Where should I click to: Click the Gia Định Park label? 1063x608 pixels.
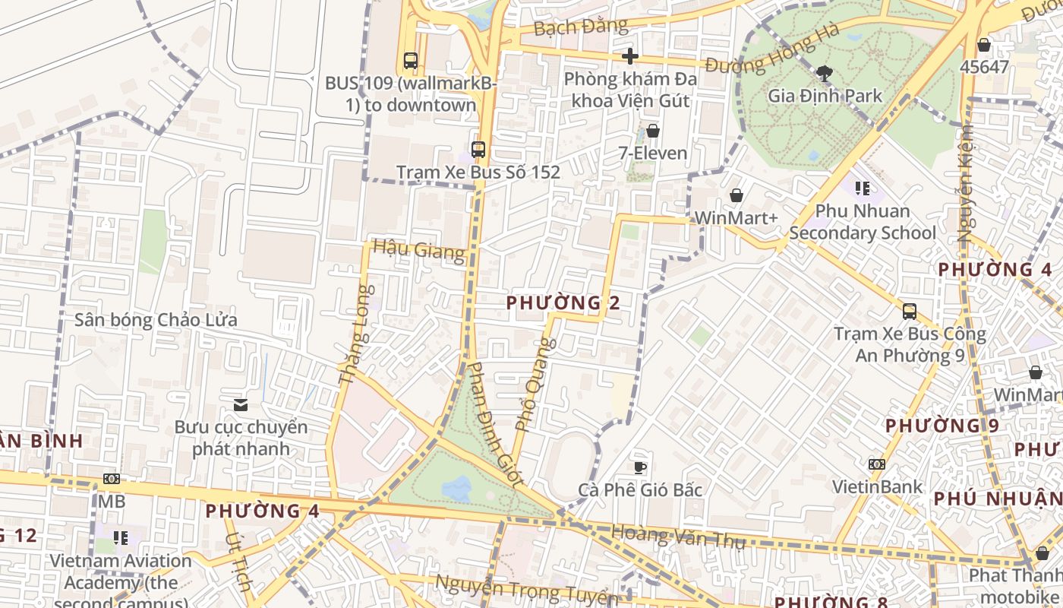[825, 96]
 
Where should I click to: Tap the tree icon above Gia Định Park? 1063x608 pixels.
[825, 74]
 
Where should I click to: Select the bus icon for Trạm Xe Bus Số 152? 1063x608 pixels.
[478, 150]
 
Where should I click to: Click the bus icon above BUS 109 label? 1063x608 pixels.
[411, 61]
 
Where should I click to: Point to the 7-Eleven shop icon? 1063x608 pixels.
[652, 131]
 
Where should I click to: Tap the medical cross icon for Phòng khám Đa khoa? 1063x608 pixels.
[629, 56]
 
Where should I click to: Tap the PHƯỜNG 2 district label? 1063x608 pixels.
[563, 302]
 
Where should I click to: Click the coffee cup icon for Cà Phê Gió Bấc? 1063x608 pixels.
[640, 467]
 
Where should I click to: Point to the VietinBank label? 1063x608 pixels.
[877, 486]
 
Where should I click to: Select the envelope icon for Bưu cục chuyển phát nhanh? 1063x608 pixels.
[241, 405]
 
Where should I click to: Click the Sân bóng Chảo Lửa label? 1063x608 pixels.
[156, 320]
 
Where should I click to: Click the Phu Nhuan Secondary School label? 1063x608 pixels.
[862, 221]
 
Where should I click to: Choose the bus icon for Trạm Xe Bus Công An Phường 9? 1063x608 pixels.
[909, 312]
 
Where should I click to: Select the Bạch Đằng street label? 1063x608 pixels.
[581, 27]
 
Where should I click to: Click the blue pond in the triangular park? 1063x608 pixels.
[457, 489]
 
